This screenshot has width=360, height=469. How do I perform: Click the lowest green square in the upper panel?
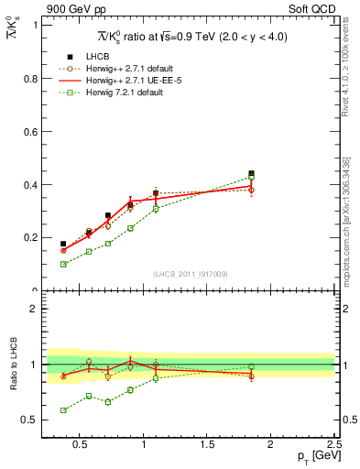click(x=63, y=264)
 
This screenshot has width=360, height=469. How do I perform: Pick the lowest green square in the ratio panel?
click(x=63, y=410)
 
